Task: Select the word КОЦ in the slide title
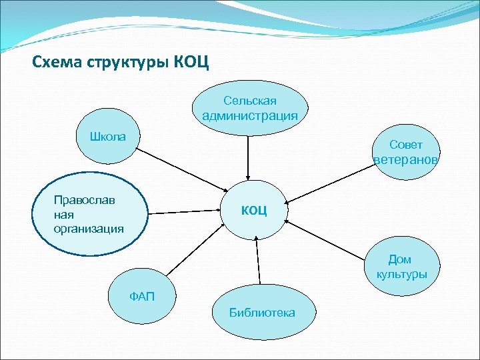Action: click(191, 63)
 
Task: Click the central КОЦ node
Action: click(255, 211)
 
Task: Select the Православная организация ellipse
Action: click(89, 214)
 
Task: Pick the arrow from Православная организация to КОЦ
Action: click(187, 212)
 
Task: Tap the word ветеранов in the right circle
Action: click(405, 160)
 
